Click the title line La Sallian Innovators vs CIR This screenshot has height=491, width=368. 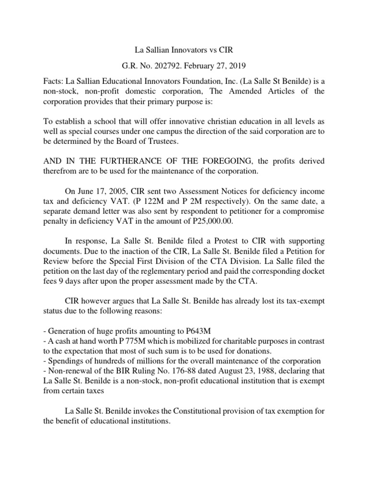184,49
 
